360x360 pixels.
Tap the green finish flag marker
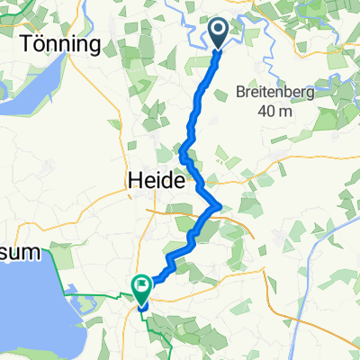(141, 286)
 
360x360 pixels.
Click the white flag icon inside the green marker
(141, 284)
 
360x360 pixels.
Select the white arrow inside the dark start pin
(219, 32)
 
